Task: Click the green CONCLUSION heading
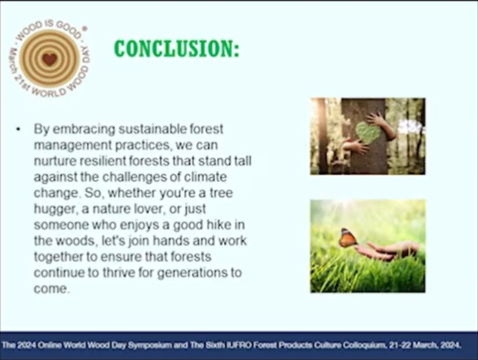point(176,49)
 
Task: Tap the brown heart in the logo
point(49,59)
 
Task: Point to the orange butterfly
point(347,237)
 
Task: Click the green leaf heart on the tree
point(368,133)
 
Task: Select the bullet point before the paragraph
point(18,129)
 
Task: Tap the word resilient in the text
point(103,161)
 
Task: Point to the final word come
point(50,289)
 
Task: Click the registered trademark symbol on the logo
point(85,28)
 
